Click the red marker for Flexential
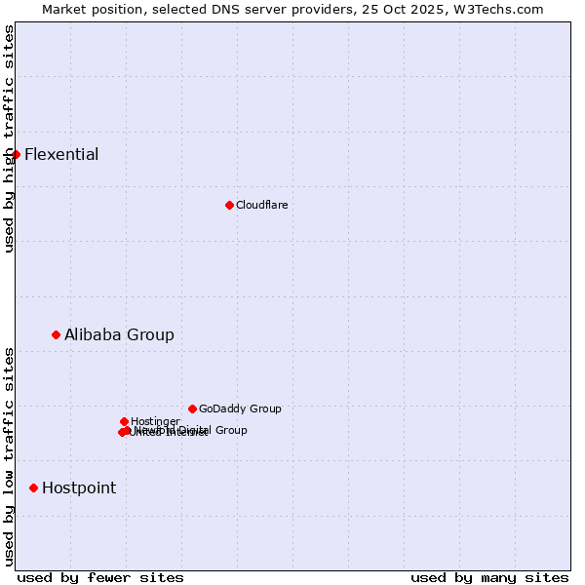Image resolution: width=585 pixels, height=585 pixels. [16, 154]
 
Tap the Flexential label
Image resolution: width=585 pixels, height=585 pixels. [61, 155]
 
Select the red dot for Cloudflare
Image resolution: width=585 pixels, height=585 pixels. [229, 205]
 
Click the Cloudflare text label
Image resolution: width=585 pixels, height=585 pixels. [261, 206]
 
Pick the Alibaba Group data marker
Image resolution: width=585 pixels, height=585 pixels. [56, 334]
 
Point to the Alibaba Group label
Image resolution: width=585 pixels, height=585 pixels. [119, 335]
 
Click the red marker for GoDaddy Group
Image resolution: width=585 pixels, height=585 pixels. [192, 409]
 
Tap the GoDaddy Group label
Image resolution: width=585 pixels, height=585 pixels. [240, 409]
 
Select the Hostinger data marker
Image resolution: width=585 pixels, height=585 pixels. [124, 421]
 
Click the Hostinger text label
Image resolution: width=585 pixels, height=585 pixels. [155, 422]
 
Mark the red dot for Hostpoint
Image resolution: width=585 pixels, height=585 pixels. [33, 487]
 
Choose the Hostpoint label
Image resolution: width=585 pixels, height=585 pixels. [79, 488]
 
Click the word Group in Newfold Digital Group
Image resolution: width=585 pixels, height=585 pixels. [230, 430]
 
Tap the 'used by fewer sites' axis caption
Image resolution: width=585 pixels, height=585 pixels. [100, 578]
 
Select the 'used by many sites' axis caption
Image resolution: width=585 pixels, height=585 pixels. [489, 578]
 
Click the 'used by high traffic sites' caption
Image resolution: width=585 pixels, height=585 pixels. [10, 138]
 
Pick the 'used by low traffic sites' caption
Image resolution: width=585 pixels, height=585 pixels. [10, 456]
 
